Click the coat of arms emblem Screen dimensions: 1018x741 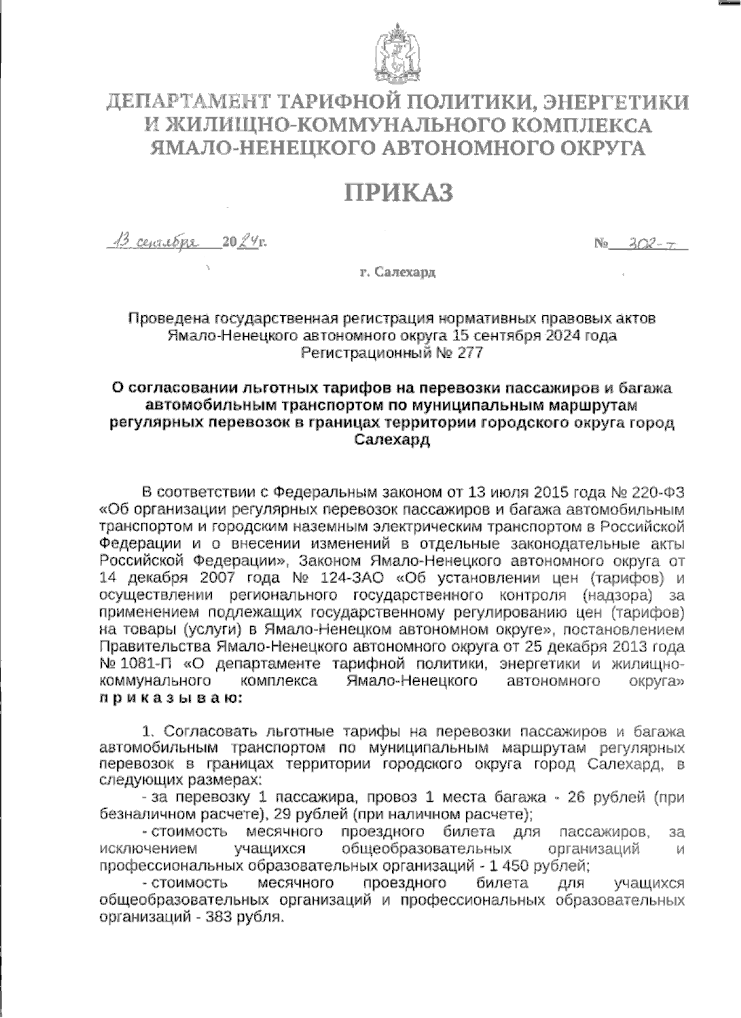tap(397, 56)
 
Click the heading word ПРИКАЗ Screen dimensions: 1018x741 tap(398, 192)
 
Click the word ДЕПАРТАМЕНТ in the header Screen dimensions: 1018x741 tap(190, 103)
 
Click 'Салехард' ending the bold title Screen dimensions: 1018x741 tap(393, 440)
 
